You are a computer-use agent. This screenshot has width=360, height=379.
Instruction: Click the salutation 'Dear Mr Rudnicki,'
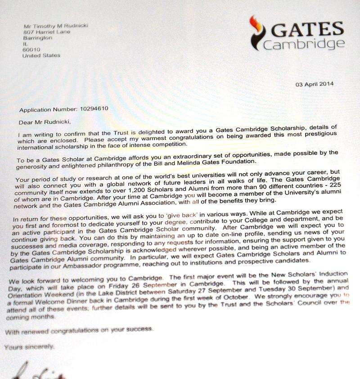point(44,121)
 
